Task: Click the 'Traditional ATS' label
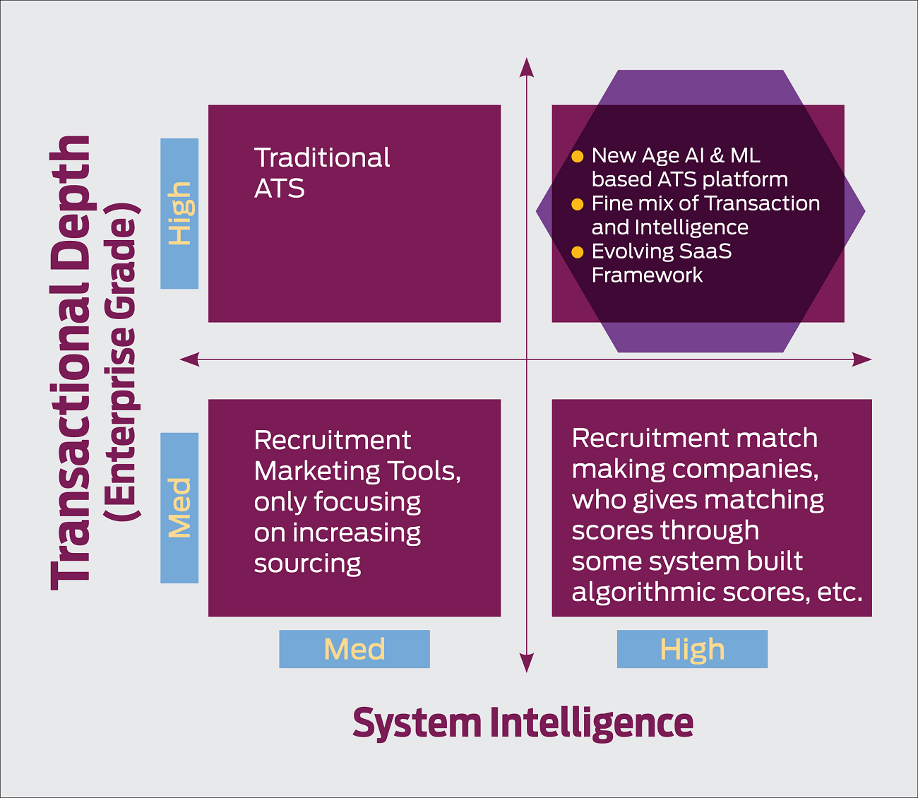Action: [322, 173]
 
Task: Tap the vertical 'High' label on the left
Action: [181, 213]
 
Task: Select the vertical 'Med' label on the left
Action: [179, 507]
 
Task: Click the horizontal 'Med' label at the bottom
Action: [354, 648]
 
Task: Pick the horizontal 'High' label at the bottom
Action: [692, 650]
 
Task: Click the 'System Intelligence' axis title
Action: [523, 724]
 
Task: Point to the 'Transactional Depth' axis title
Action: [72, 362]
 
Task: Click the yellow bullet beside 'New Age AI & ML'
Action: [578, 157]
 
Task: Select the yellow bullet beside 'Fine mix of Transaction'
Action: [578, 205]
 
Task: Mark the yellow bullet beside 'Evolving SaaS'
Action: [578, 252]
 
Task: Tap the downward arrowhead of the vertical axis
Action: [526, 663]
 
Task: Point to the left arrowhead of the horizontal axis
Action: [189, 359]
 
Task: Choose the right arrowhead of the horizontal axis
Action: [862, 359]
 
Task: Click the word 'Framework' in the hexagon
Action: [647, 275]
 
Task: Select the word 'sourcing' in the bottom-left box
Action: [307, 564]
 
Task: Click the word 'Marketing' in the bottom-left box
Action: [317, 472]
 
